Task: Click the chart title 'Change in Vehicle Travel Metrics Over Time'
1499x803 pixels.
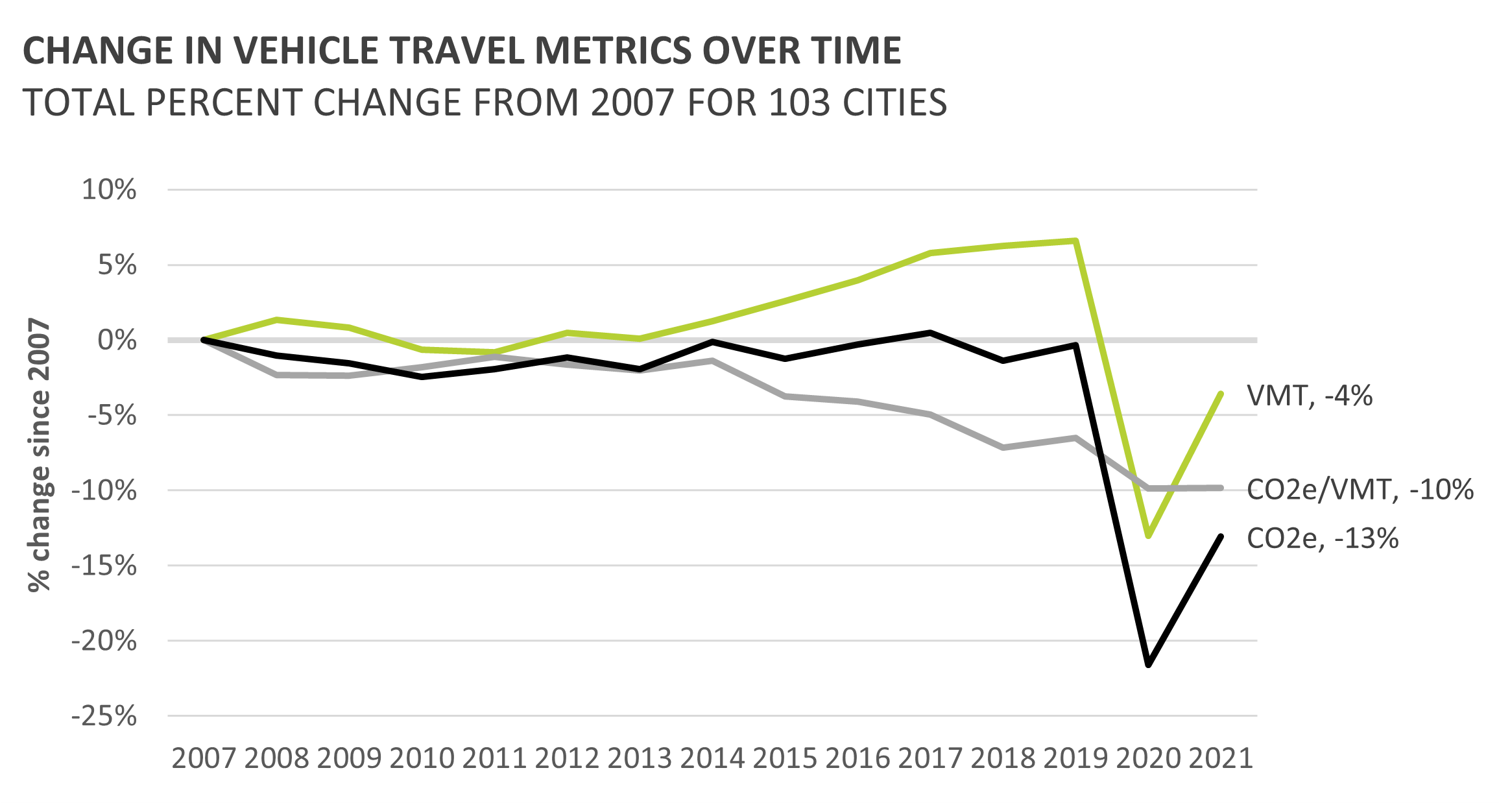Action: point(462,51)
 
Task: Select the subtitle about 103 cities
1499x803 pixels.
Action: point(485,102)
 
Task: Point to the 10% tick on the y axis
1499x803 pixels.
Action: point(109,190)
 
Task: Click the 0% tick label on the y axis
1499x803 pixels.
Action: point(117,341)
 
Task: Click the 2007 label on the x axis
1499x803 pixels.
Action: point(204,758)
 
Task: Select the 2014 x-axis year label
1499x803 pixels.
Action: point(712,758)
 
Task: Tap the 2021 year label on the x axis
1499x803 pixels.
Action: point(1221,758)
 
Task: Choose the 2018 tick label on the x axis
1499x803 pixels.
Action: point(1003,758)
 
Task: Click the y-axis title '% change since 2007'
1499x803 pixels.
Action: point(40,455)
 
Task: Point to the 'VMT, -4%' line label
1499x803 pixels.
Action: point(1310,396)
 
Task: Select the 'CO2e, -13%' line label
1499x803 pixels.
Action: point(1323,538)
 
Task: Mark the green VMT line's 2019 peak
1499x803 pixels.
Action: point(1076,241)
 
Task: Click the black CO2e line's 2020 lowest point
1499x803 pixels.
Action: point(1149,665)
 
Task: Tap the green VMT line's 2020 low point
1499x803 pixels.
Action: point(1149,536)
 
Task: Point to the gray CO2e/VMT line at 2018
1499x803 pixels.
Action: point(1003,448)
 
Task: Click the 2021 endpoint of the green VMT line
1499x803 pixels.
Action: point(1221,394)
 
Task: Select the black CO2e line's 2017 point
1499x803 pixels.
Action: point(931,333)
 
